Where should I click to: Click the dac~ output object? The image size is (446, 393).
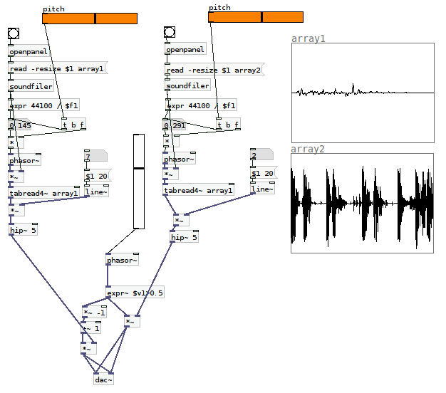[x=103, y=379]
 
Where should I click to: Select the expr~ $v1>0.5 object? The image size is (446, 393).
[x=135, y=292]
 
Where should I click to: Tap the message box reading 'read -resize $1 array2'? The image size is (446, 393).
[x=214, y=70]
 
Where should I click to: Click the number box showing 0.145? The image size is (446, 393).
[x=19, y=125]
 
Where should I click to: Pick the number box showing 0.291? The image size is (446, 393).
[x=175, y=125]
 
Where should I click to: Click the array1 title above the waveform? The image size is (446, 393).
[x=308, y=38]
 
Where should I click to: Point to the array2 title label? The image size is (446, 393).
[x=308, y=149]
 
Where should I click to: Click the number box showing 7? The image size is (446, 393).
[x=95, y=156]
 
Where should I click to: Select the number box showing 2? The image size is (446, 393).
[x=261, y=154]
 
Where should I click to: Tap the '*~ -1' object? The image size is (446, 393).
[x=95, y=313]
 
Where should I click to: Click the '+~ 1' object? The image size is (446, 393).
[x=91, y=328]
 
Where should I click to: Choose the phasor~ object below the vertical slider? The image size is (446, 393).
[x=122, y=259]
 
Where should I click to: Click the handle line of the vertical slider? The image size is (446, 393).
[x=139, y=169]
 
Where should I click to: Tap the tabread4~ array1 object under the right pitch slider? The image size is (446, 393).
[x=199, y=189]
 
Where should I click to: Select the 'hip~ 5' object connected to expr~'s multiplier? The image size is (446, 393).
[x=185, y=236]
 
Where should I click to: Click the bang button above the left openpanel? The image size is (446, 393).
[x=14, y=33]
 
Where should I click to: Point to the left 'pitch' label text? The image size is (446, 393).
[x=53, y=9]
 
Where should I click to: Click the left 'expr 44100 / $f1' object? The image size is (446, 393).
[x=43, y=105]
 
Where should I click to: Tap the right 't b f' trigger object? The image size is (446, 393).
[x=228, y=124]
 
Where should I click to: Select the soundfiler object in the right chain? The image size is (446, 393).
[x=187, y=85]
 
